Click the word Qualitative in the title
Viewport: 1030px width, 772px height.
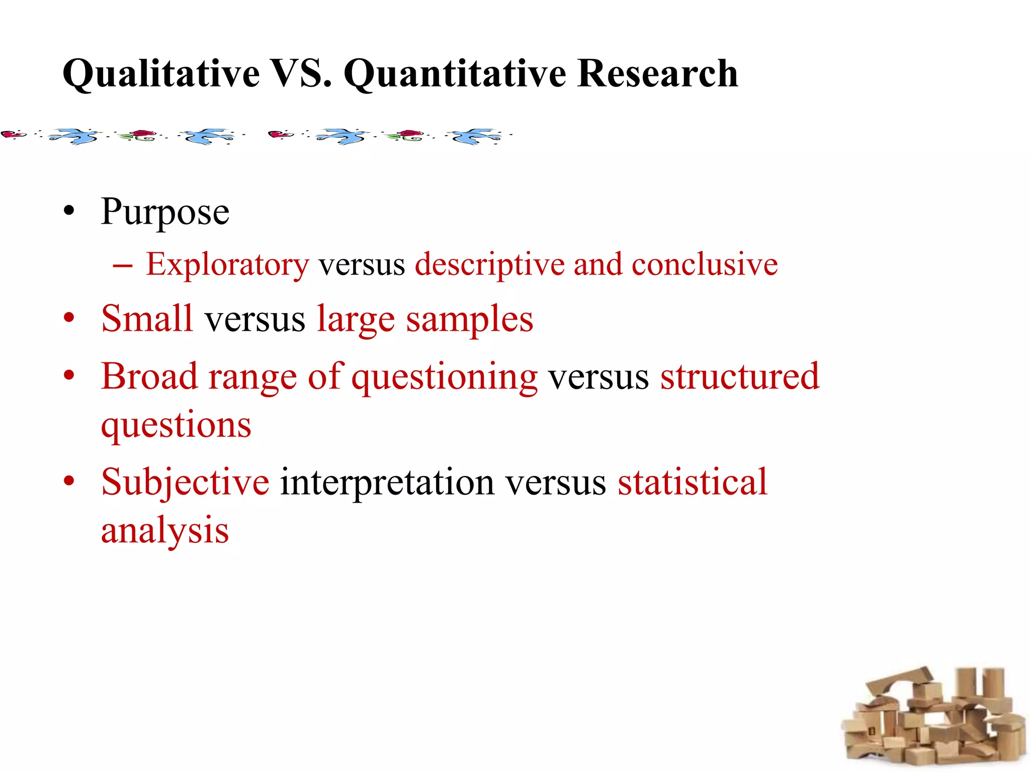pos(161,74)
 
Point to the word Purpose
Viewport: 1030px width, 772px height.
pos(165,212)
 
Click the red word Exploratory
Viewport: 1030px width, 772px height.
pos(227,265)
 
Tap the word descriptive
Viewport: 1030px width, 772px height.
pos(489,265)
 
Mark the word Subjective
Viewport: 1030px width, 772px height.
pos(185,482)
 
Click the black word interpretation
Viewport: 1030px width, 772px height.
pos(387,482)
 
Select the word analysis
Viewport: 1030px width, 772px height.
pos(165,531)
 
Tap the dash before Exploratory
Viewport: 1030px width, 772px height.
pos(122,265)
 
